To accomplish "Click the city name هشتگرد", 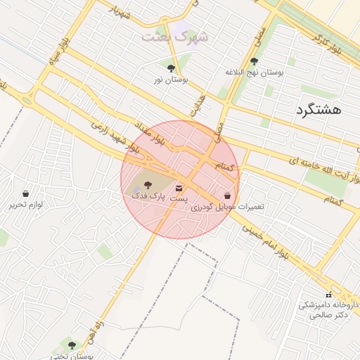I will point(319,110).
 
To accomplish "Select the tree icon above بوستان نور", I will point(172,68).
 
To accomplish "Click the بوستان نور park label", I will point(171,80).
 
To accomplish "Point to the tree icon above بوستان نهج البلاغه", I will point(254,61).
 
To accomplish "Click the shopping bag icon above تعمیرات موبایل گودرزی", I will point(227,196).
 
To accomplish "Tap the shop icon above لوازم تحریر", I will point(26,193).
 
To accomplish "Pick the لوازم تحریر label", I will point(27,205).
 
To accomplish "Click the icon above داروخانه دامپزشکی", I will point(328,294).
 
